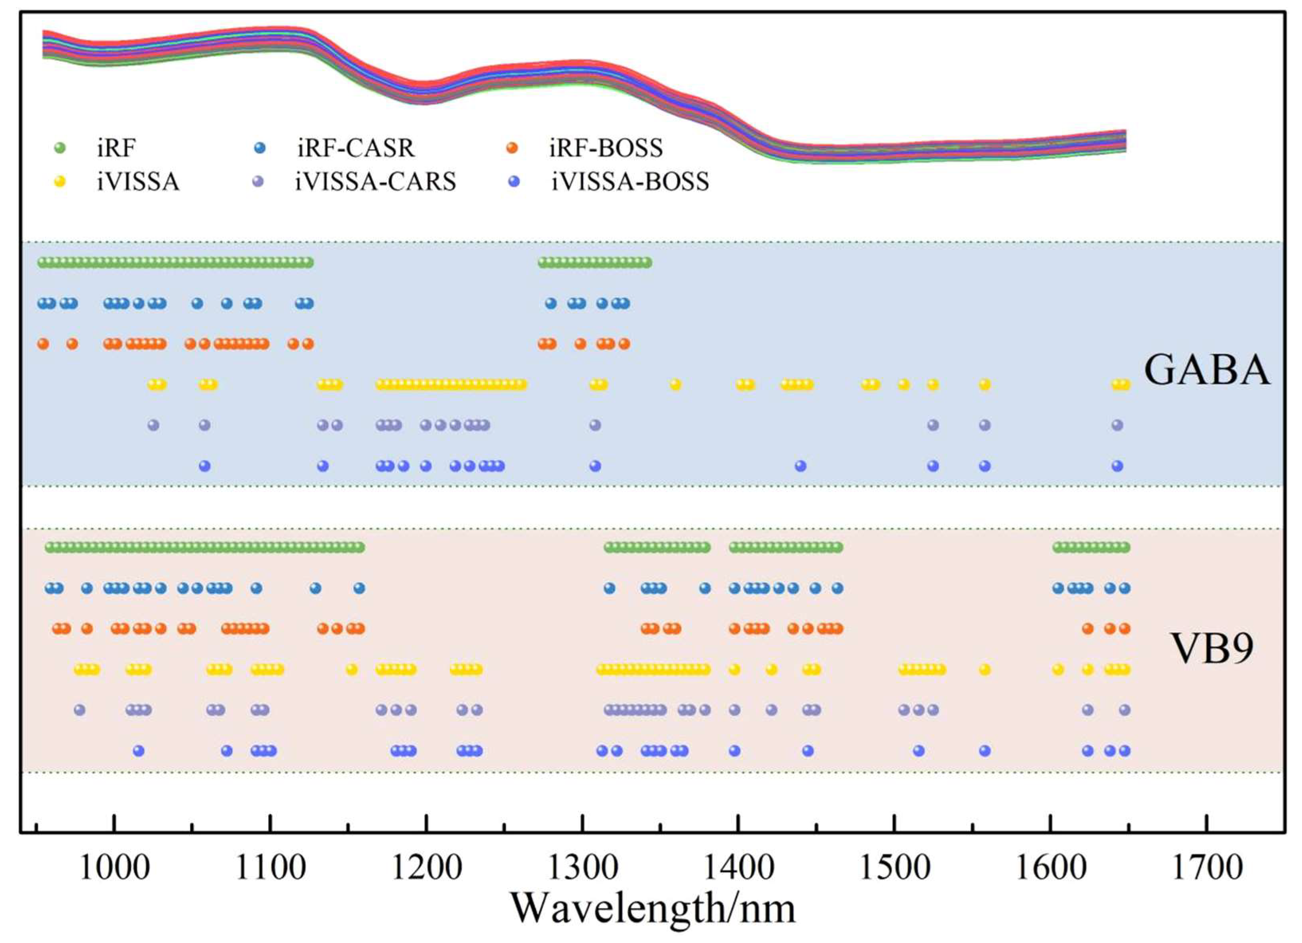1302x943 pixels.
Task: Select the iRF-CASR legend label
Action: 355,148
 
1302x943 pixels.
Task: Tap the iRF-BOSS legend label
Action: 606,148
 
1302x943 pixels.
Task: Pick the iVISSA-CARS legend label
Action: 375,182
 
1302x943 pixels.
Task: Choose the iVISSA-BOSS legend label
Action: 630,182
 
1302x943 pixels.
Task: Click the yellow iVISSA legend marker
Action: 60,182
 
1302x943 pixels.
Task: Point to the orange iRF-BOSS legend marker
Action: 512,148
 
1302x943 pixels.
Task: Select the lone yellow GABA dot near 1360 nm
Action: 675,384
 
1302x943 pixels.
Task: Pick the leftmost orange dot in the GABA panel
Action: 43,344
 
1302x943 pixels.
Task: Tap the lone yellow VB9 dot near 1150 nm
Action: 352,669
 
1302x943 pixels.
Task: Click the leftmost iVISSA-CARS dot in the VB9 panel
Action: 80,710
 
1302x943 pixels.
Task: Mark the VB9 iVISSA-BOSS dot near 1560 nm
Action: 984,751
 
